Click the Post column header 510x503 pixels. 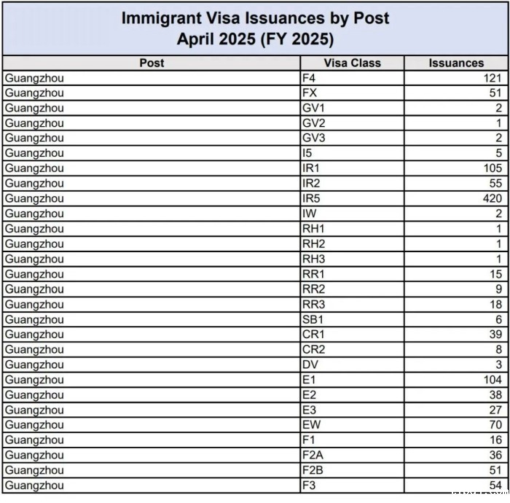[152, 63]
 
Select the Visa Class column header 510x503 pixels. [351, 63]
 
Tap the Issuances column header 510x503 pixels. [456, 63]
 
